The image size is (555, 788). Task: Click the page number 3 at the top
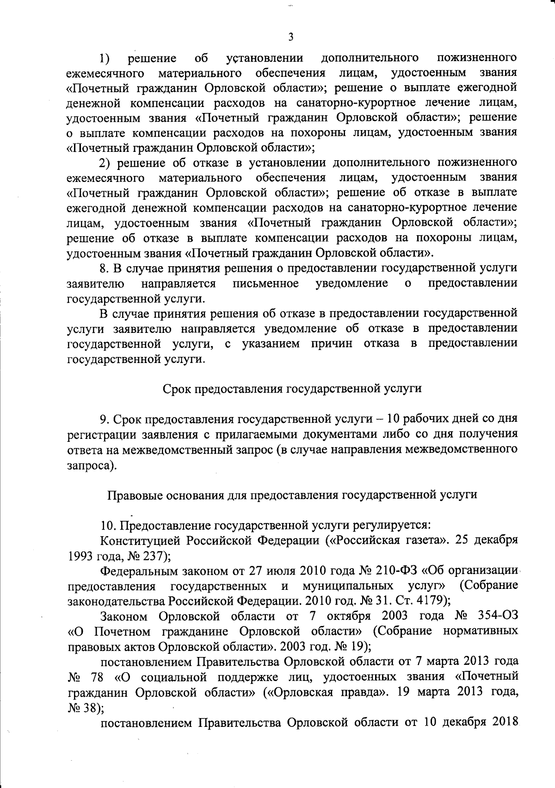coord(290,37)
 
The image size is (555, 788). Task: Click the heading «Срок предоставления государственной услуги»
coord(292,388)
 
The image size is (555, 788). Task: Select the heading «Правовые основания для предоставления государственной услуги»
coord(292,494)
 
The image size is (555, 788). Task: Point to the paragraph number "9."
coord(105,419)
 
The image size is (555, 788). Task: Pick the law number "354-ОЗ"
coord(499,616)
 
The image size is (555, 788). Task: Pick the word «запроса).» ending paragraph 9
coord(91,465)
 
